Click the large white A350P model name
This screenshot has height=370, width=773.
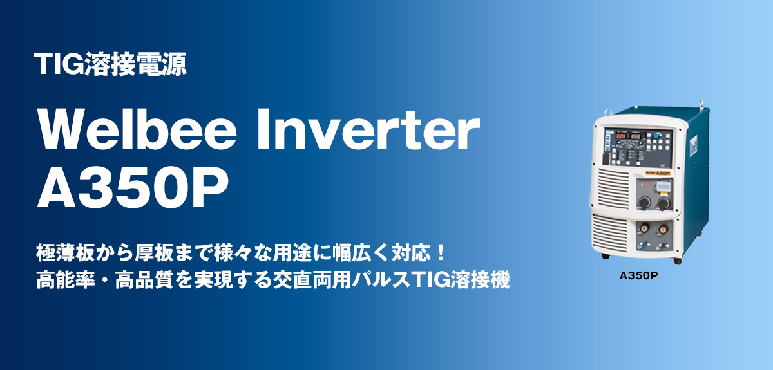point(133,189)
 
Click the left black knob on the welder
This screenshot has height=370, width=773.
point(642,203)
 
